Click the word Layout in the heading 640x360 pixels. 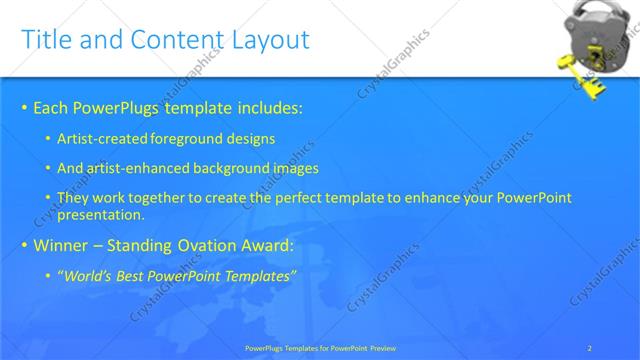coord(269,40)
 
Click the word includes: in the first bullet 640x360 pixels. coord(269,107)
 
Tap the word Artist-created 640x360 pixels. coord(99,138)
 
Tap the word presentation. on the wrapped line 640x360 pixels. coord(102,215)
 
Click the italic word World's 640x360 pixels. coord(87,275)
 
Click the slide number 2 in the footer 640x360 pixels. coord(590,347)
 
